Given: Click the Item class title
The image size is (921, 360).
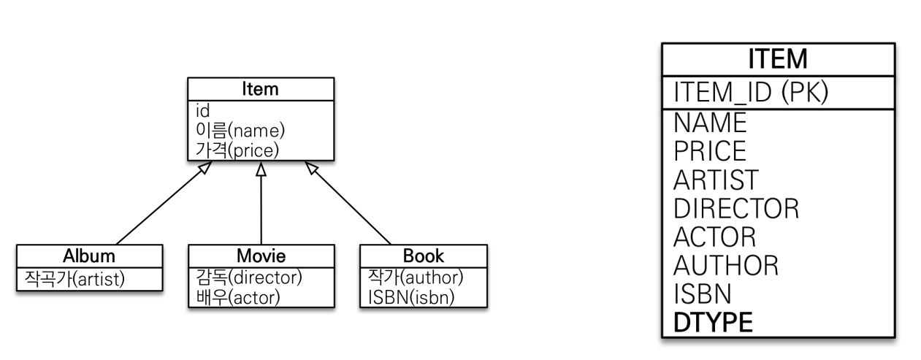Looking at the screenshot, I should (261, 89).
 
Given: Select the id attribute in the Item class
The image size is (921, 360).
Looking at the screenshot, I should (203, 111).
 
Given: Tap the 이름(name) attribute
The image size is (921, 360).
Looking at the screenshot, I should (240, 130).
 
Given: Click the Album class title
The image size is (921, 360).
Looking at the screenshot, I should (88, 256).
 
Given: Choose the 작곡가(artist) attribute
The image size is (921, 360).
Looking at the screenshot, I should (74, 278).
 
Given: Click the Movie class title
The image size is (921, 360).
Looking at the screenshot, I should (261, 256).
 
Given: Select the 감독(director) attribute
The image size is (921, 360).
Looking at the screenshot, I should (248, 277).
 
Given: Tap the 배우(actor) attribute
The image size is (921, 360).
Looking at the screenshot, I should (238, 297).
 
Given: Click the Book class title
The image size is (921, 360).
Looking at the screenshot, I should (423, 256).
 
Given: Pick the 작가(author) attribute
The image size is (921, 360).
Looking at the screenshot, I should (413, 277).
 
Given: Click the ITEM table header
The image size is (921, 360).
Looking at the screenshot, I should (777, 59).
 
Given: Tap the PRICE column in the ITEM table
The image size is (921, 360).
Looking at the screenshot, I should (710, 150).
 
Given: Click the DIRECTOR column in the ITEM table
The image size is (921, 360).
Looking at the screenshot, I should (736, 208).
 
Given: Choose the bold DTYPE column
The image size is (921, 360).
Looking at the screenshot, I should (713, 322).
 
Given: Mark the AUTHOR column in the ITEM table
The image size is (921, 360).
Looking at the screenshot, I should (726, 265).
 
